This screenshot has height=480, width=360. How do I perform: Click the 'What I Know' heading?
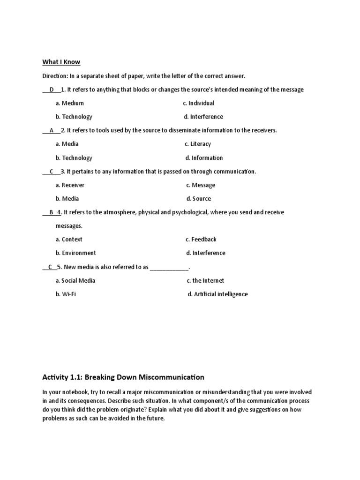click(61, 62)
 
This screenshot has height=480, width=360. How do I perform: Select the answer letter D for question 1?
click(52, 90)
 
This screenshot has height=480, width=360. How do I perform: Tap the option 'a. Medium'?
click(69, 103)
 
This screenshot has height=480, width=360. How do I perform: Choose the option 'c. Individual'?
click(199, 103)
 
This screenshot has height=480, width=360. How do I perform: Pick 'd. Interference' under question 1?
click(203, 117)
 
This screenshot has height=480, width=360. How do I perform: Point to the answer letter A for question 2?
click(51, 130)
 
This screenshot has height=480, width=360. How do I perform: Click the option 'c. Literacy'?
click(197, 144)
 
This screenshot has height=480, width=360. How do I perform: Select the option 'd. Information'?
click(204, 158)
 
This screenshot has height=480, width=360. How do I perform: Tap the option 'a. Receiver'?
click(70, 185)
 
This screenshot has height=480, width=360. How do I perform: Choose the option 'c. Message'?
click(201, 185)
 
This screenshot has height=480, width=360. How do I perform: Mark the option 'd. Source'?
click(198, 199)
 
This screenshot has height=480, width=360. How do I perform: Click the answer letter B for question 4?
click(51, 212)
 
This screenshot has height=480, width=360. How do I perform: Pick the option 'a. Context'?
click(69, 240)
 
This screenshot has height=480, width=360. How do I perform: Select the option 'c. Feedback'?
click(201, 240)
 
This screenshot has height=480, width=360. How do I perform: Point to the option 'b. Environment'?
click(76, 253)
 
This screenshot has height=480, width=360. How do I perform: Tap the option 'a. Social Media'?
click(75, 281)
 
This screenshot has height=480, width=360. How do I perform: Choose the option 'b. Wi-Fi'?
click(66, 294)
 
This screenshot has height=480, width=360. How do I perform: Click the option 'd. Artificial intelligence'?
click(217, 294)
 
